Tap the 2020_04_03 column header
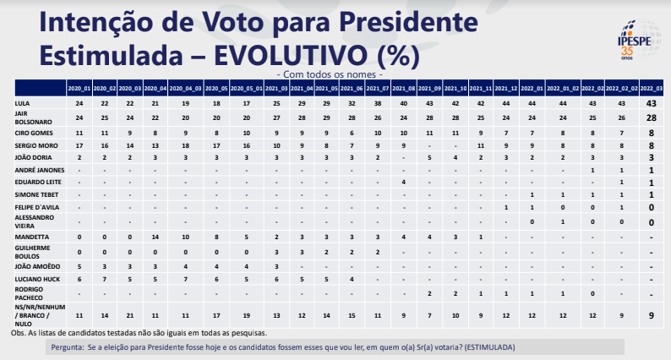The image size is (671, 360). coord(185,87)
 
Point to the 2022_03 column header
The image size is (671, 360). coord(652,87)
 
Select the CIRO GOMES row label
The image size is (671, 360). coord(34,134)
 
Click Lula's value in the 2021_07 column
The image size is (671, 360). coord(378,102)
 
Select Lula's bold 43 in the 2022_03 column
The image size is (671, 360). coord(652,102)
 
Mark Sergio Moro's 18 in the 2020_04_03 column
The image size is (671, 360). coord(185,145)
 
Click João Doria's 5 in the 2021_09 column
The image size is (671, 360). coord(430,157)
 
